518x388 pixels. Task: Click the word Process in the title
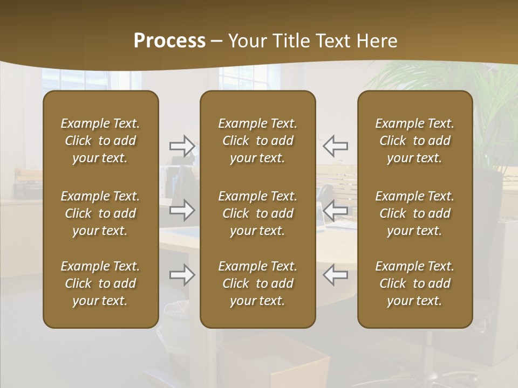(169, 41)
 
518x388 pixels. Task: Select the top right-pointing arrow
(182, 145)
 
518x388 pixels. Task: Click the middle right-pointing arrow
(182, 210)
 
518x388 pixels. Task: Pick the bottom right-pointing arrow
(182, 275)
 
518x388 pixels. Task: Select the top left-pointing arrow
(335, 145)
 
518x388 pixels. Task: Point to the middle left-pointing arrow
(335, 210)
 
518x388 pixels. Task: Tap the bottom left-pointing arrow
(335, 275)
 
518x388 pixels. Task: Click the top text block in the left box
(100, 141)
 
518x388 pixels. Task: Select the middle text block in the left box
(100, 213)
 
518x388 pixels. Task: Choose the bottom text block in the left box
(100, 283)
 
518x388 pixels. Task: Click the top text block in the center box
(257, 141)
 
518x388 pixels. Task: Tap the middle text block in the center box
(257, 213)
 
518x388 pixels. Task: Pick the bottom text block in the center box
(257, 283)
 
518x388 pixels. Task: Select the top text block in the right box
(415, 141)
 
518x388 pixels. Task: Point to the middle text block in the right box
(415, 213)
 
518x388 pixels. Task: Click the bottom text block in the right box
(415, 283)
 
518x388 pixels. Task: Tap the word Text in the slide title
(331, 41)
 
